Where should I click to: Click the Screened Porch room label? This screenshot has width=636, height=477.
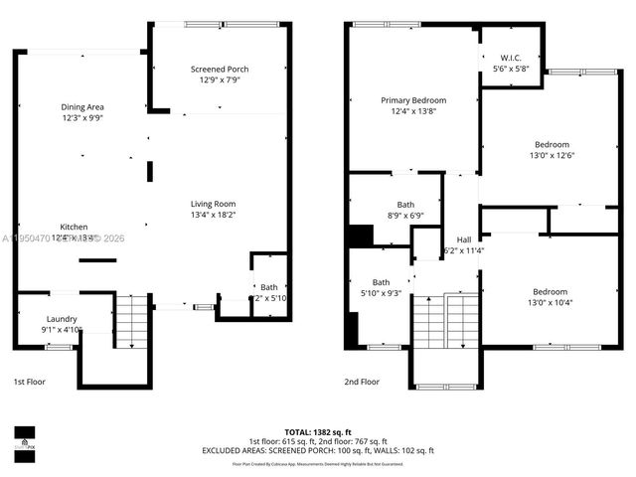[x=220, y=69]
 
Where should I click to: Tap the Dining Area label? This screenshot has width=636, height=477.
[x=82, y=106]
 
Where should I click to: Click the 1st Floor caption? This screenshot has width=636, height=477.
[x=29, y=382]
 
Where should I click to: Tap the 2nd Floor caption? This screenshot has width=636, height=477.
[x=362, y=382]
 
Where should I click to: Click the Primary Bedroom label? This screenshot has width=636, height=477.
[x=413, y=100]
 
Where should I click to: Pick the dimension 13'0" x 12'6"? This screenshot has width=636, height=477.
[x=552, y=155]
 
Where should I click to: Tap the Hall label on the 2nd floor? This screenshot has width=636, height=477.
[x=464, y=239]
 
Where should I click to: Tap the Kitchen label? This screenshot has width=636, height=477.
[x=74, y=227]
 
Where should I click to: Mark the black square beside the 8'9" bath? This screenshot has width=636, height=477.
[x=360, y=236]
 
